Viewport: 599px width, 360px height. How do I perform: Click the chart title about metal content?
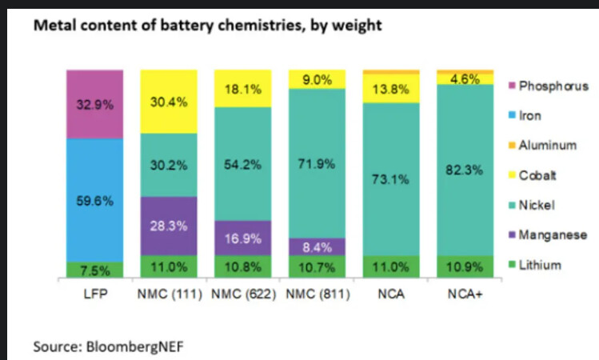207,26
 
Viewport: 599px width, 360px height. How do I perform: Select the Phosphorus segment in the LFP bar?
94,104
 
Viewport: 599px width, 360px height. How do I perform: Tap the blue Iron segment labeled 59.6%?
94,200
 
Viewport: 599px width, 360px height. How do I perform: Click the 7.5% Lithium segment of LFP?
94,269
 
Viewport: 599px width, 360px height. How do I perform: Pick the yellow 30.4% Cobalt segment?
168,102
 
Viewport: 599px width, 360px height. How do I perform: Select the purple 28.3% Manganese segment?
168,226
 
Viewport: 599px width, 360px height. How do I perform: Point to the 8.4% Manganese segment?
317,246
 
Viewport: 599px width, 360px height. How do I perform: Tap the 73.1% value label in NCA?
391,181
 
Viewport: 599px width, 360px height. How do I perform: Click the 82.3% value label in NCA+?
465,170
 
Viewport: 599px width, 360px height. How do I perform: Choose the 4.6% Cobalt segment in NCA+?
465,79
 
